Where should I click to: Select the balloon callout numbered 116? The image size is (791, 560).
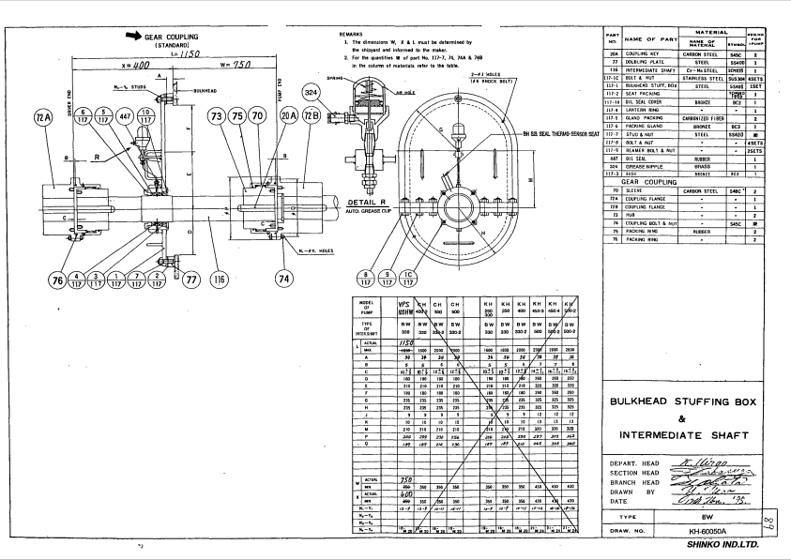click(219, 279)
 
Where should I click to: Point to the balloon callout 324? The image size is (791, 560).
click(312, 92)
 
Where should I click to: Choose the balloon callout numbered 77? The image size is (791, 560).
click(192, 279)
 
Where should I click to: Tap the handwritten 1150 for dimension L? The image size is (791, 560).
click(191, 55)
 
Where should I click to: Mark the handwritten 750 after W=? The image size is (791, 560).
click(243, 66)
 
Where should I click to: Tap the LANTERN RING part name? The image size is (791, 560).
click(646, 111)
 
